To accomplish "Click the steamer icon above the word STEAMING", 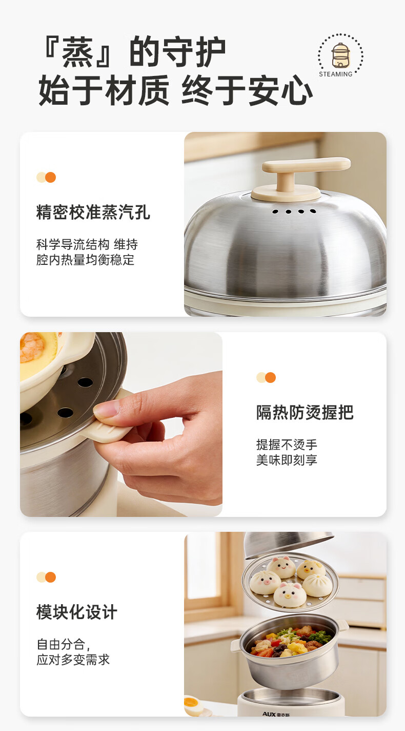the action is tap(340, 55).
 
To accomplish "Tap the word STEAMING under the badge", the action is tap(336, 74).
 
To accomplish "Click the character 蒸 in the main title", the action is tap(77, 52).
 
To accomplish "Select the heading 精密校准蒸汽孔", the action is tap(93, 213).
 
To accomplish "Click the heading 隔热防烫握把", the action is tap(305, 413).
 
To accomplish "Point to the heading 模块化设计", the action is tap(77, 612).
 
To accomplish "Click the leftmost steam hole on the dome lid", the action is tap(275, 211).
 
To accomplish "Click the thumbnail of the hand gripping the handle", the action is tap(121, 424).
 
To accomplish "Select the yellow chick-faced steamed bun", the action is tap(311, 569).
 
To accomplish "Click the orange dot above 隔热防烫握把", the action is tap(271, 378).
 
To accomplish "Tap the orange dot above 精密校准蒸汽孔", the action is tap(51, 177).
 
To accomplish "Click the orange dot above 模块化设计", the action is tap(51, 577).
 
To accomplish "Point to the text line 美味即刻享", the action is tap(287, 460).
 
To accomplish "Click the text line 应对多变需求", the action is tap(73, 660).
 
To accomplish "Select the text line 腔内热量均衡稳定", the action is tap(86, 260).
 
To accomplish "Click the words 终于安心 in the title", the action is tap(247, 90).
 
